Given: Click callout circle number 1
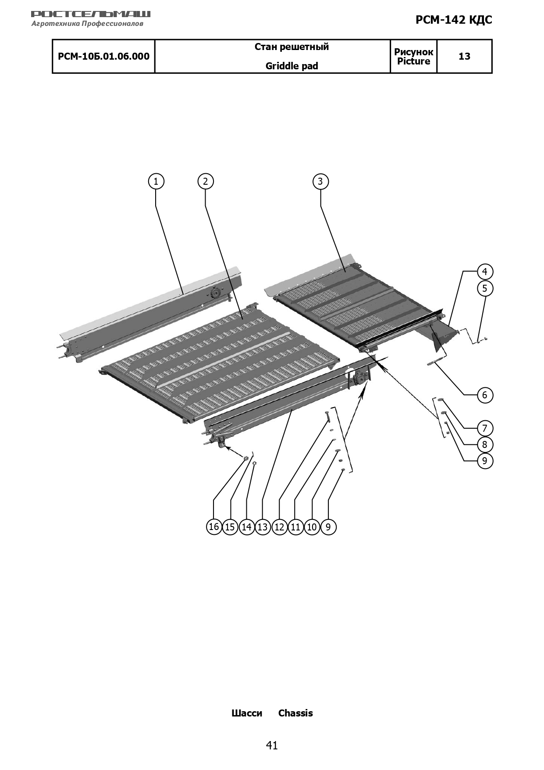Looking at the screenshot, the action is click(156, 181).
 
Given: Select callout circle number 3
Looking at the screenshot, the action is click(320, 181).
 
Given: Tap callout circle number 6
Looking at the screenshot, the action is click(485, 395).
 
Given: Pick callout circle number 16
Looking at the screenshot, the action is click(214, 526).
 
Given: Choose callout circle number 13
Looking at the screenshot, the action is click(263, 526).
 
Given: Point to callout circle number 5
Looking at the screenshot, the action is click(485, 288).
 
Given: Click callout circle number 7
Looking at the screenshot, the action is click(485, 428).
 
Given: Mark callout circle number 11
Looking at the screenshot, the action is click(295, 526).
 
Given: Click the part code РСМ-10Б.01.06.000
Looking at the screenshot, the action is click(104, 56).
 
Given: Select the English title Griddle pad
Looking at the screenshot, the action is click(292, 66).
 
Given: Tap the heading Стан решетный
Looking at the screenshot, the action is click(292, 47).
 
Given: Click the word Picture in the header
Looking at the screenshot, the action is click(414, 61).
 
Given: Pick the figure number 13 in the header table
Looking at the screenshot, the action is click(465, 56).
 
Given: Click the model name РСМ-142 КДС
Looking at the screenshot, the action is click(454, 20).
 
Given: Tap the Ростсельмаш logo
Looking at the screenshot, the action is click(91, 18).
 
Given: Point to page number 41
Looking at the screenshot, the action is click(272, 745).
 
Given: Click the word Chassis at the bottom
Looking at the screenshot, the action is click(295, 713).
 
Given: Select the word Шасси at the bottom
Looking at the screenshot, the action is click(247, 713).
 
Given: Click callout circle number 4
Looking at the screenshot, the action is click(485, 272).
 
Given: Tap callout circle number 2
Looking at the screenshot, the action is click(206, 181).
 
